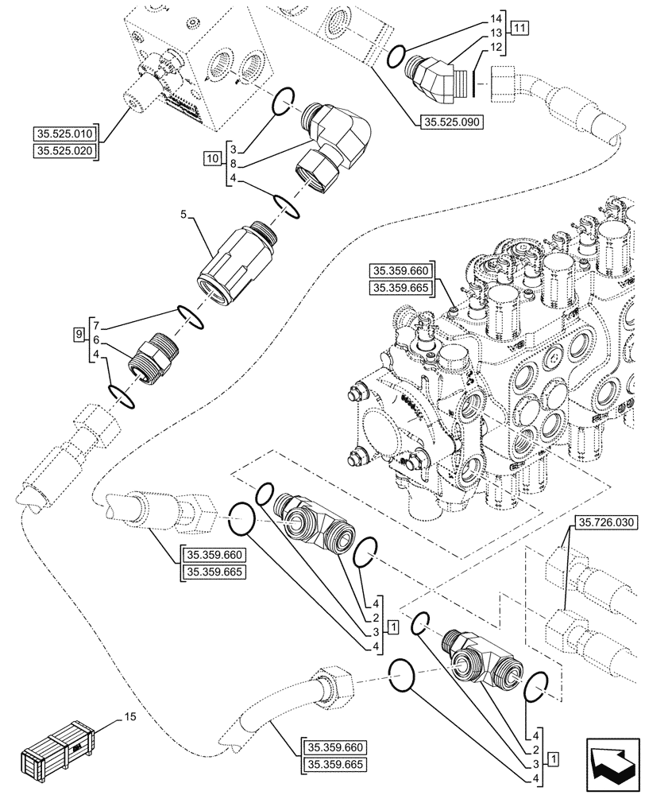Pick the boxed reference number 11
(x=519, y=29)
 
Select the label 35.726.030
(x=603, y=522)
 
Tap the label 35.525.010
(x=64, y=133)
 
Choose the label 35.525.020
(x=64, y=150)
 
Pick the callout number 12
(x=496, y=47)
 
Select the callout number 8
(x=232, y=164)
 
